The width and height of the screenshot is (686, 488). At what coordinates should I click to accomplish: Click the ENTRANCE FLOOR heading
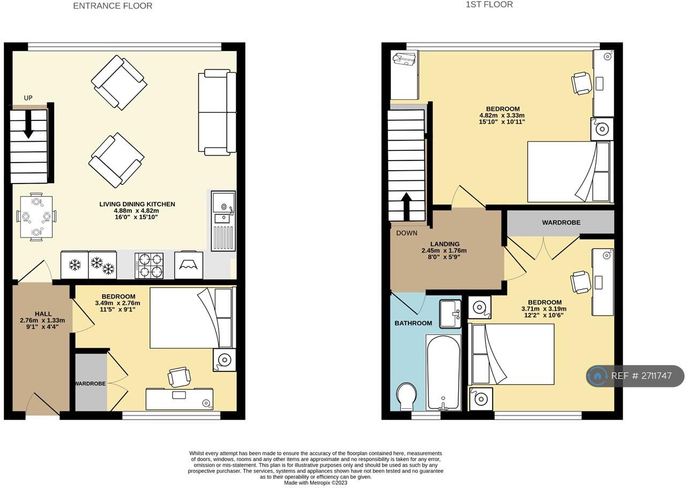113,6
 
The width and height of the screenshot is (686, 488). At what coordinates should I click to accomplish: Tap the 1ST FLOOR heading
489,5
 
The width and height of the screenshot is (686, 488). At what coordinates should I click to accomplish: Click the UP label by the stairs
28,98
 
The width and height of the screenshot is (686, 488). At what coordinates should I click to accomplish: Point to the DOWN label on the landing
407,233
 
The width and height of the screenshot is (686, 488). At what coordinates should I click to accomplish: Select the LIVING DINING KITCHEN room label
137,204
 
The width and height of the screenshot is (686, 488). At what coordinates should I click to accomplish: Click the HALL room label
43,314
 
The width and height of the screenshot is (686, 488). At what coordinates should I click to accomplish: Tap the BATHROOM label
413,323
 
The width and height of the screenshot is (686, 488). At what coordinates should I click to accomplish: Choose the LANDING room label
445,244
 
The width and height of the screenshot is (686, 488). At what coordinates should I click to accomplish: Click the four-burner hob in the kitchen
149,266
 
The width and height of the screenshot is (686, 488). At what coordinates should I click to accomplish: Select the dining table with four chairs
36,217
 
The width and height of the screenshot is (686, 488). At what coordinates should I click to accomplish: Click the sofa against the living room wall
217,112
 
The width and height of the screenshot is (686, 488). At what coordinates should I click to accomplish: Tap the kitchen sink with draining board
223,221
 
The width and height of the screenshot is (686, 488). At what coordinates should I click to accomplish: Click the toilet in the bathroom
406,396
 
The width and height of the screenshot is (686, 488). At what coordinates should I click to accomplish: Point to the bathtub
443,372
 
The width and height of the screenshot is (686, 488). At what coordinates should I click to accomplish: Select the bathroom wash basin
450,314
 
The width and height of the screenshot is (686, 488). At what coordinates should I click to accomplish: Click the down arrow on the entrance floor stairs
28,124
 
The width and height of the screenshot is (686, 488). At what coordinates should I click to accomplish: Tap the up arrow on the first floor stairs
406,207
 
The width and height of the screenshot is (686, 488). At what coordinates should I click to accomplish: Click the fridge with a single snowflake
74,265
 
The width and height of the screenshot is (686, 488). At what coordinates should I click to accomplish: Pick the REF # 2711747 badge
635,376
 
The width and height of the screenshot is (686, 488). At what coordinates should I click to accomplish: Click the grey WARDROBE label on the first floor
561,223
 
